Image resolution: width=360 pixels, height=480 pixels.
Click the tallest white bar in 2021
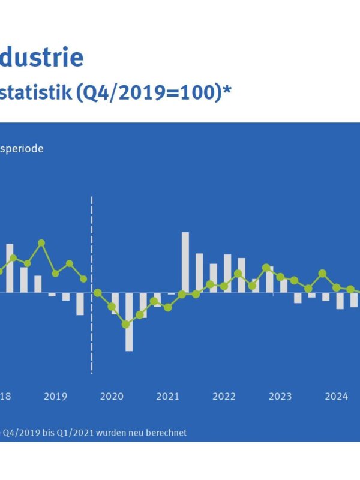pos(185,262)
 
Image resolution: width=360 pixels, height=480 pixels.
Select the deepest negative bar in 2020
pos(129,322)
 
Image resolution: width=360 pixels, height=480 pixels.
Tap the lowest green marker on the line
pos(126,325)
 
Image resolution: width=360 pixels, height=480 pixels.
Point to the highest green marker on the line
pos(41,243)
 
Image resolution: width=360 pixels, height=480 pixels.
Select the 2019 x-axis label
pos(55,396)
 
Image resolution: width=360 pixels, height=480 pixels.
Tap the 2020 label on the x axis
pos(112,396)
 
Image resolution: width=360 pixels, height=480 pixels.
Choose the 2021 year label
pos(168,396)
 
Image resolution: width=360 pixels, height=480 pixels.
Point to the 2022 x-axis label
pos(224,396)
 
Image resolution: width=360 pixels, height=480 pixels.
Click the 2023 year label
pos(280,396)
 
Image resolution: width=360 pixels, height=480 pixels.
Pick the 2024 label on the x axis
pos(337,396)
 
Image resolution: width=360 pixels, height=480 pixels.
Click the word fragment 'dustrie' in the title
pos(42,58)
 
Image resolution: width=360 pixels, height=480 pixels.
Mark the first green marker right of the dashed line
pos(98,293)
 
